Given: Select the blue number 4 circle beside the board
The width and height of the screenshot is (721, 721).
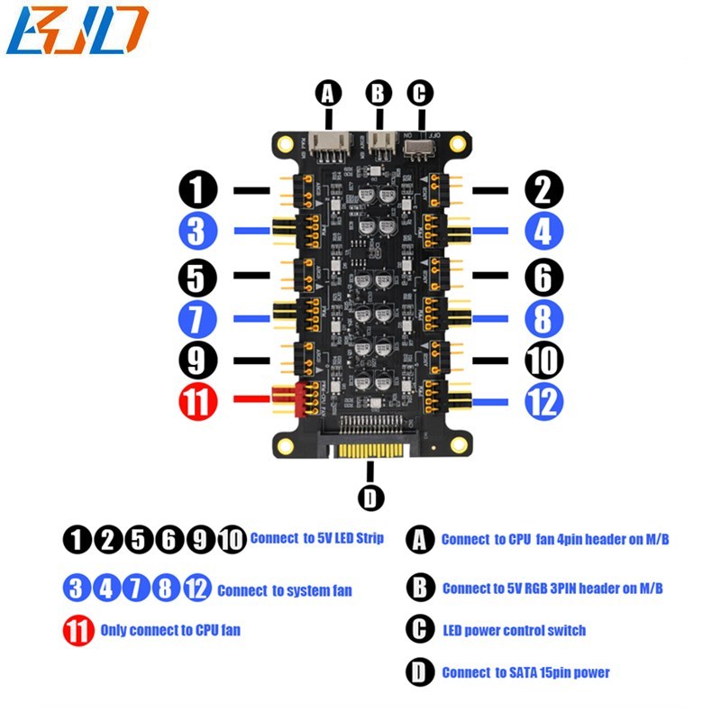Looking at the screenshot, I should [x=543, y=232].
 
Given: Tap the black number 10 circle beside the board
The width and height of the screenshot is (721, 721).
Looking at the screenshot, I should [x=543, y=360].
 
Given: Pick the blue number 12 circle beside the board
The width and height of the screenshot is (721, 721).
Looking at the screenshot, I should [x=543, y=402].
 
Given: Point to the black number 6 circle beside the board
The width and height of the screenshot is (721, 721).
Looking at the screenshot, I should [x=543, y=277].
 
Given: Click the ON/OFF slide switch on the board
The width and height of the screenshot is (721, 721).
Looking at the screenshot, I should [x=420, y=144].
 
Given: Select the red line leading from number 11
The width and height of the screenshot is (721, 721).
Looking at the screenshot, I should [x=251, y=398].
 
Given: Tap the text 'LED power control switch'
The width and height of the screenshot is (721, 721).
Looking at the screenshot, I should [x=513, y=629].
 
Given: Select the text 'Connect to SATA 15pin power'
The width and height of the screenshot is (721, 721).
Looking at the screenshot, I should [x=525, y=672].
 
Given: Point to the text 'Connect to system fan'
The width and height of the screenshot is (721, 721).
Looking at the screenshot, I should [x=284, y=591].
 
